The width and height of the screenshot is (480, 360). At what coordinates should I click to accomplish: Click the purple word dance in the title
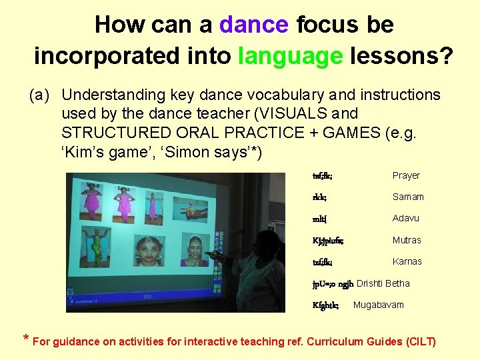(x=253, y=25)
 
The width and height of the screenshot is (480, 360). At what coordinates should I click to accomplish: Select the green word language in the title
(x=291, y=55)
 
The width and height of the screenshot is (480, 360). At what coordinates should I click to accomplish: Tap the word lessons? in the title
(x=399, y=55)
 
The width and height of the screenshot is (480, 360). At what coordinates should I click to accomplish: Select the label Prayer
(x=406, y=175)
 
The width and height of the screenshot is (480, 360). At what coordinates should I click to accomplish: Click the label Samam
(x=408, y=197)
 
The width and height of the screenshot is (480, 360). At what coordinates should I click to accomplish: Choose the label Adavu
(x=406, y=219)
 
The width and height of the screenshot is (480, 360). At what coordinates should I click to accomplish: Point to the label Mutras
(x=407, y=240)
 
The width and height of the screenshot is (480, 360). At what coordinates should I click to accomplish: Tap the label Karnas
(x=407, y=261)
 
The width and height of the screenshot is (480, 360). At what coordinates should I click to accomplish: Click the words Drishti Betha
(x=383, y=283)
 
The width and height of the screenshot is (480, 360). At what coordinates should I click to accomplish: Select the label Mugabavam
(x=378, y=305)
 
